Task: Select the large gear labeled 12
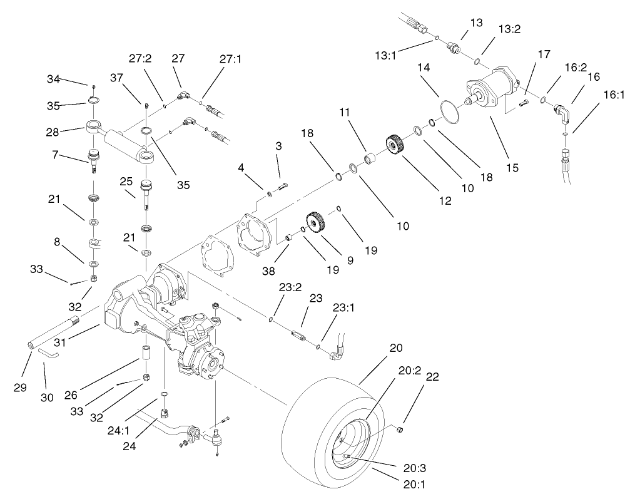pos(394,146)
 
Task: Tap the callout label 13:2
pos(510,30)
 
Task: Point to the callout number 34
pos(54,79)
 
